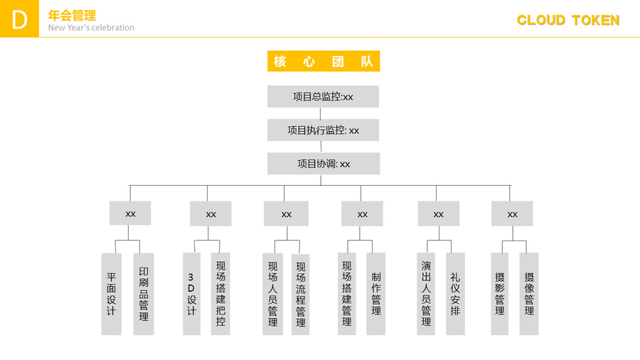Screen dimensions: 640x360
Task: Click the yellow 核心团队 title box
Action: point(324,61)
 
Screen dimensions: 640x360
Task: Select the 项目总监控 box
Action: point(324,97)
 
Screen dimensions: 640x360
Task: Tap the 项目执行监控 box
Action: point(324,130)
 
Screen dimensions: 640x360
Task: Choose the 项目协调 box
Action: point(324,164)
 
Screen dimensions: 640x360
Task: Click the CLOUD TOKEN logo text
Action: point(568,20)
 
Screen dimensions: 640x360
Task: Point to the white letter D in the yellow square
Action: point(20,20)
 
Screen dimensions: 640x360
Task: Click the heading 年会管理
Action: point(72,16)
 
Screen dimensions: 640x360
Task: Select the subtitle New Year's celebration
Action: point(91,28)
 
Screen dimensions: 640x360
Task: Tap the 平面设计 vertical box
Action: point(112,294)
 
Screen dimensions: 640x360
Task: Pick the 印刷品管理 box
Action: point(144,294)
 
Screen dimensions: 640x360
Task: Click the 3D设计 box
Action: point(191,294)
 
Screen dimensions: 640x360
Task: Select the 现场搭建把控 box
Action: point(220,294)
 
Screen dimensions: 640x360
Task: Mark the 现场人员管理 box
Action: point(272,295)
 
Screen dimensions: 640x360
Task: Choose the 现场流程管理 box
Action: point(300,295)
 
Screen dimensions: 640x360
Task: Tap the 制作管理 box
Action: point(376,294)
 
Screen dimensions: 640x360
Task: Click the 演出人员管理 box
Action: point(426,294)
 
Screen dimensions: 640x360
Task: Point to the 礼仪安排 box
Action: point(455,294)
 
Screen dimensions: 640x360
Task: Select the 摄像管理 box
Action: point(529,294)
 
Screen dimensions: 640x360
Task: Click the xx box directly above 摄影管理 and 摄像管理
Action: point(512,214)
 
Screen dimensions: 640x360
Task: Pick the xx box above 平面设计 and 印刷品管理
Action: point(130,213)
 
